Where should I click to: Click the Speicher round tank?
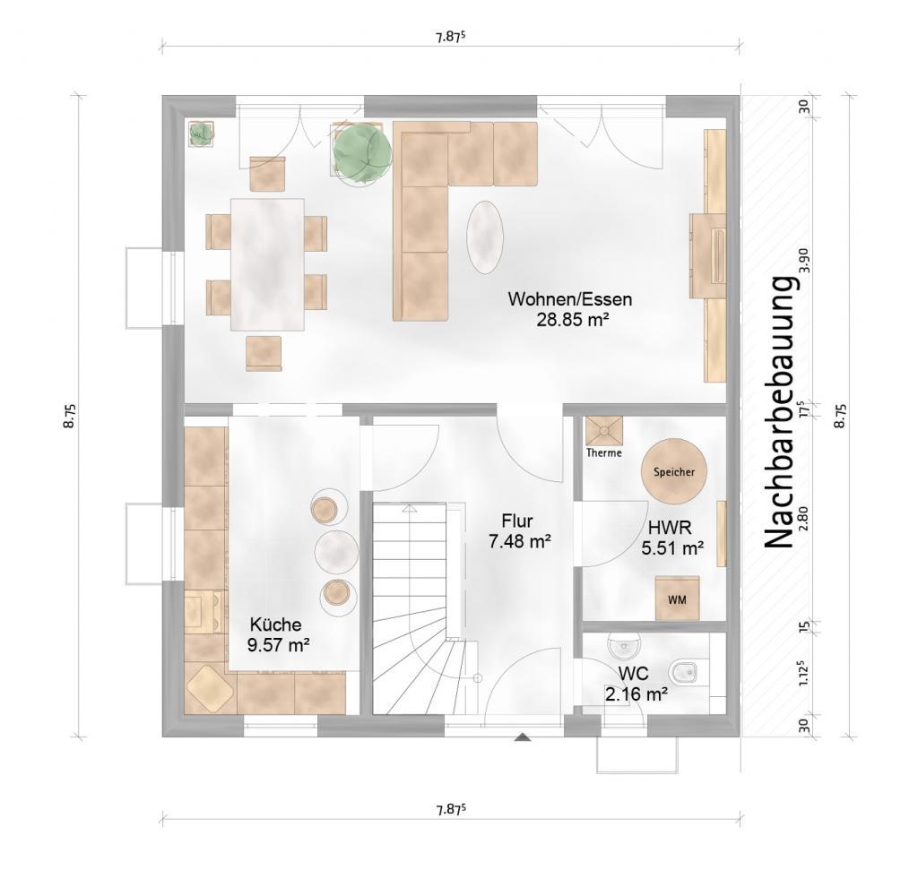click(x=674, y=471)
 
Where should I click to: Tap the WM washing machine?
click(x=678, y=599)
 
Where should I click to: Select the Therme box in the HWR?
click(x=604, y=431)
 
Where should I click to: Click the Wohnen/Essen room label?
click(x=570, y=299)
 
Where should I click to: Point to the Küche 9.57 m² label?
click(x=278, y=635)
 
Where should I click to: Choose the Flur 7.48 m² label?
click(x=519, y=531)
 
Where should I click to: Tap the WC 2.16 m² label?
click(x=637, y=684)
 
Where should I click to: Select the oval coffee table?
click(x=485, y=237)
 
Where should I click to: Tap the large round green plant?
click(x=361, y=151)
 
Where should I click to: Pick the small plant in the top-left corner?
click(x=201, y=133)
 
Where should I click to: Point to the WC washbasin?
click(x=625, y=644)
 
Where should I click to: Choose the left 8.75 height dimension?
click(x=70, y=416)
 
